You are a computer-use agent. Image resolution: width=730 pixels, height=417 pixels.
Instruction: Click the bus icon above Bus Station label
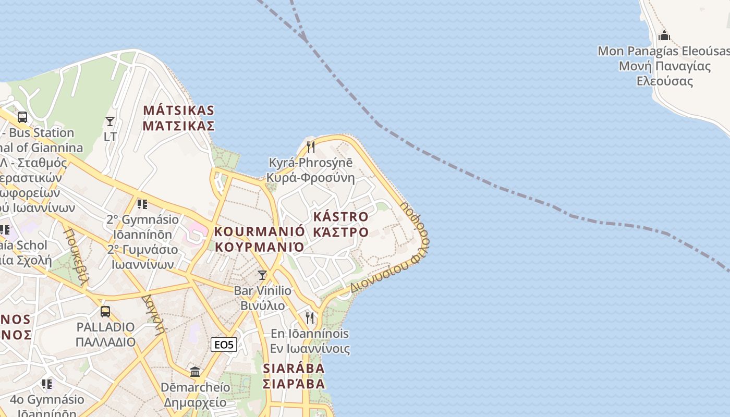click(x=22, y=117)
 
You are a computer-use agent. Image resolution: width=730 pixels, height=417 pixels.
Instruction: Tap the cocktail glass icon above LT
click(x=110, y=121)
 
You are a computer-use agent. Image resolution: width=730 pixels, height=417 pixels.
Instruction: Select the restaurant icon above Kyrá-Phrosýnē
click(x=310, y=146)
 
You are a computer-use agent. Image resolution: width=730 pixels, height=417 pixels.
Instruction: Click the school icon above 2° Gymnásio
click(x=142, y=204)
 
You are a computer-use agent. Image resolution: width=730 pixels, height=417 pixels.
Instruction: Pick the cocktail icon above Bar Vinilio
click(x=262, y=275)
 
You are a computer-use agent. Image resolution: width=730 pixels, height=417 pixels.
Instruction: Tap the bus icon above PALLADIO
click(x=105, y=312)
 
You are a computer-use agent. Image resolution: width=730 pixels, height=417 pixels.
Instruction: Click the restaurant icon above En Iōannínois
click(x=310, y=317)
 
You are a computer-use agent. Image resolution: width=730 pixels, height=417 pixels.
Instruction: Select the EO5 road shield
click(x=224, y=345)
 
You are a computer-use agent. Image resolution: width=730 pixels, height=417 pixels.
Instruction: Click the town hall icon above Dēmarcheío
click(x=195, y=372)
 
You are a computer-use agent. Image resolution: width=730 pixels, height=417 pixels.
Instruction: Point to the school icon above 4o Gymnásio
click(x=47, y=384)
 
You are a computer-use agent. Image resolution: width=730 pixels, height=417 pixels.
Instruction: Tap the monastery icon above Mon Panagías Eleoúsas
click(x=664, y=35)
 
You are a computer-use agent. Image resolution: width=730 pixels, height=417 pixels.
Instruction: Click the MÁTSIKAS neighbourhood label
click(x=179, y=111)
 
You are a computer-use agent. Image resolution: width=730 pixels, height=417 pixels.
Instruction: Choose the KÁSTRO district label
click(x=340, y=216)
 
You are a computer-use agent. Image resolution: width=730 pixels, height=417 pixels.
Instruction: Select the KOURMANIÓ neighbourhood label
click(x=259, y=231)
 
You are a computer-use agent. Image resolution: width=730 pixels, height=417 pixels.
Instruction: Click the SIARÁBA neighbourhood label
click(x=294, y=368)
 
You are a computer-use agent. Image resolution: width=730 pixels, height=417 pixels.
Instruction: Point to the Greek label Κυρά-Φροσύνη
click(x=310, y=178)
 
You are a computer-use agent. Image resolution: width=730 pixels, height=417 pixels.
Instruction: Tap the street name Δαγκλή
click(x=153, y=314)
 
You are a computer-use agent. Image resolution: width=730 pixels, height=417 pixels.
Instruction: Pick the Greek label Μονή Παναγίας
click(x=665, y=66)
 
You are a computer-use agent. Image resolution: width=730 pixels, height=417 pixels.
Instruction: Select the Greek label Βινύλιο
click(x=262, y=305)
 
